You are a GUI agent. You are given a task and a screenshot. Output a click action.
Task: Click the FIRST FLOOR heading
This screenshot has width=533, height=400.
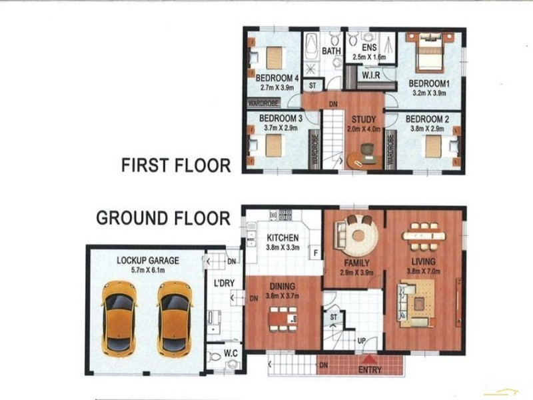click(x=176, y=165)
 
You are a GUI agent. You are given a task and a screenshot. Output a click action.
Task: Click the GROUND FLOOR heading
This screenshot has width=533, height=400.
click(x=163, y=218)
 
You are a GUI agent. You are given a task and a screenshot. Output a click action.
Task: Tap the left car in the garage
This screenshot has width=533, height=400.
click(x=120, y=319)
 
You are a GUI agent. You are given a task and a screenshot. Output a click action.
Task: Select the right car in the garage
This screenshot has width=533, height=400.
click(x=175, y=319)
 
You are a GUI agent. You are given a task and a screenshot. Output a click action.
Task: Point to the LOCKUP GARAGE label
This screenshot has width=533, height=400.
click(x=148, y=261)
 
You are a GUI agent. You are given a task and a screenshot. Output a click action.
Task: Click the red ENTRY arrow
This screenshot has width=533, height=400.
click(x=370, y=360)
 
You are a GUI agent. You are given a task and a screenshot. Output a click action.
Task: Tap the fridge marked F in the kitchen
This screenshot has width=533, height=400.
click(x=316, y=253)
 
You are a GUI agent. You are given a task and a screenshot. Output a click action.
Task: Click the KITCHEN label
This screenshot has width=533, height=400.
click(x=282, y=238)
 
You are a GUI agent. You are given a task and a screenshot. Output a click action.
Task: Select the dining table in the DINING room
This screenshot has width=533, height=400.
click(x=282, y=319)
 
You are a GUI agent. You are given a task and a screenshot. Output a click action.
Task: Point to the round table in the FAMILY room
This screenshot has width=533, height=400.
click(x=358, y=235)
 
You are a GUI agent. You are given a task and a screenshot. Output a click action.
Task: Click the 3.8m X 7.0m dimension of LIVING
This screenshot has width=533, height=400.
click(x=424, y=271)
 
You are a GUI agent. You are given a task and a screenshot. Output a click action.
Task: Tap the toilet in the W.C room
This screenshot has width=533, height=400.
click(x=214, y=357)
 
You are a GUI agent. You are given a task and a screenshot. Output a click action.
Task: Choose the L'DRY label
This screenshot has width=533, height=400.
click(x=224, y=283)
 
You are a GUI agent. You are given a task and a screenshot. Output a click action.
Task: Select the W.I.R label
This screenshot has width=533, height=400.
click(x=371, y=75)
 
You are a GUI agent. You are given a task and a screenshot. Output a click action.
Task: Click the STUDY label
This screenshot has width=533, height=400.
click(x=364, y=119)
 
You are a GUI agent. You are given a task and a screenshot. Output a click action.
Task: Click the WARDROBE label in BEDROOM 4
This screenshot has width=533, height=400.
click(x=263, y=103)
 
